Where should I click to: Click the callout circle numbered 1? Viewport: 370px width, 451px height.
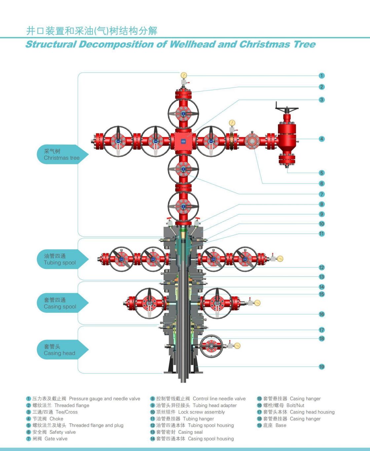click(321, 76)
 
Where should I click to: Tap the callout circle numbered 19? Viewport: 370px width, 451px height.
click(321, 367)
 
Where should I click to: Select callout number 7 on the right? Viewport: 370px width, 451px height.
click(321, 194)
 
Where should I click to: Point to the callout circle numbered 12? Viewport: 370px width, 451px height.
click(321, 267)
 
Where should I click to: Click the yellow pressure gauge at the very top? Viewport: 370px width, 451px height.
click(184, 75)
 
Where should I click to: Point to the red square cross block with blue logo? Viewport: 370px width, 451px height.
click(183, 142)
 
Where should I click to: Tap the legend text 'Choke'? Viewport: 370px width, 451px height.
click(56, 419)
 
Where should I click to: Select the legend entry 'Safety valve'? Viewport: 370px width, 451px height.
click(62, 432)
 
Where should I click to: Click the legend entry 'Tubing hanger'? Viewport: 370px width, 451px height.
click(198, 419)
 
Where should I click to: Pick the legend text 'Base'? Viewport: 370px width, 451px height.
click(281, 425)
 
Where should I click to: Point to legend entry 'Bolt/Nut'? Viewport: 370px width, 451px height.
click(295, 405)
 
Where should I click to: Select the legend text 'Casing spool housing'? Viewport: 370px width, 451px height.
click(211, 439)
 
